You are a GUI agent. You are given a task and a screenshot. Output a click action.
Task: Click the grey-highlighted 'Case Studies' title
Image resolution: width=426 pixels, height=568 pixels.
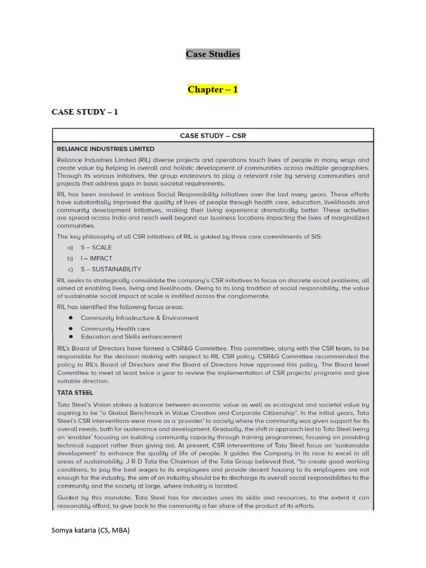[x=212, y=54]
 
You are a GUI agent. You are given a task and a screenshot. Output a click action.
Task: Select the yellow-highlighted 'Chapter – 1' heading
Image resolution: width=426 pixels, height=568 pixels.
[x=212, y=89]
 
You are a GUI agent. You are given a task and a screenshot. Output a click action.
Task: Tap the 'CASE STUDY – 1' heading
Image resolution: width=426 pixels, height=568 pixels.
[x=85, y=112]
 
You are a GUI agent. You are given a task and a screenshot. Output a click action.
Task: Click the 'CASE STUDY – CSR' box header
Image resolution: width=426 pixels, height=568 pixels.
[x=212, y=135]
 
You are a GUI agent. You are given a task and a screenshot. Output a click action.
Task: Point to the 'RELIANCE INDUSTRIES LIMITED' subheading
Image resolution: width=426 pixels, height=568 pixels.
[x=106, y=149]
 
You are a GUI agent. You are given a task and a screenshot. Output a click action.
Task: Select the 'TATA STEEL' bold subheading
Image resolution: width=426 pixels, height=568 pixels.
[x=75, y=392]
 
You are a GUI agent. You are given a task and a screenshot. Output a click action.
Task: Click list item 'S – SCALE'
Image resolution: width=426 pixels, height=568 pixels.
[x=96, y=247]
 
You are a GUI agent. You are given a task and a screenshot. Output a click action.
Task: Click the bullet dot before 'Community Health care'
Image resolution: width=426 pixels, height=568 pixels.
[x=71, y=329]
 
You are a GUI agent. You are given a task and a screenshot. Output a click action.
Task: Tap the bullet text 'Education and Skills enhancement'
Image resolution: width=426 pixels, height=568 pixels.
[x=131, y=337]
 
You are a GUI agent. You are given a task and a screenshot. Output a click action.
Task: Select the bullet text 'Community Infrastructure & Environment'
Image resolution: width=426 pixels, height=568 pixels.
[x=139, y=318]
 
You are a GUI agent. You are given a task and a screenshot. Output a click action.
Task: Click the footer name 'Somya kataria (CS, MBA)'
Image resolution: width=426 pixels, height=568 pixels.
[x=90, y=530]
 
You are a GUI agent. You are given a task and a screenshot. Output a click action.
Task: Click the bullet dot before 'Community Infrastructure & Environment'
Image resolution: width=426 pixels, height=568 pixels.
[x=71, y=318]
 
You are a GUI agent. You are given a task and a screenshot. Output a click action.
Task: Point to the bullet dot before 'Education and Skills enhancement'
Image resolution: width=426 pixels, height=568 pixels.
[x=71, y=337]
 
